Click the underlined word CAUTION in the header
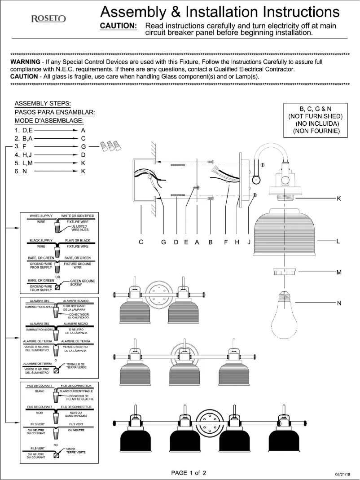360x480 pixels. coord(118,26)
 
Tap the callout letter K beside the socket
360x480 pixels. coord(339,198)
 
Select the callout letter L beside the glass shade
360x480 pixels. coord(339,242)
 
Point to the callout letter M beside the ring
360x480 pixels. coord(339,272)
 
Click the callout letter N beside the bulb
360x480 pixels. coord(339,303)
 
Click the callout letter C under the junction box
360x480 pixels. coord(141,242)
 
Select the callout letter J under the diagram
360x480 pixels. coord(248,242)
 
